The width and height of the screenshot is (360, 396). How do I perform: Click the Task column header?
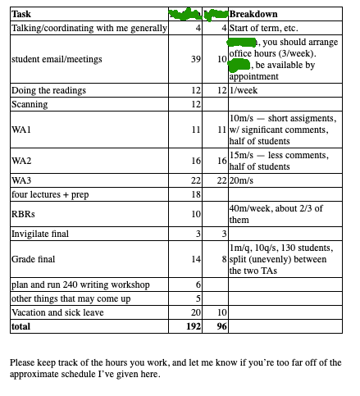[x=22, y=15]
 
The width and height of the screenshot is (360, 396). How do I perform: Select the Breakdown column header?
[x=254, y=15]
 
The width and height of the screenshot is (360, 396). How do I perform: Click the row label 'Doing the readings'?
[x=49, y=89]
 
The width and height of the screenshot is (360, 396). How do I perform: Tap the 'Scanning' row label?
[x=30, y=104]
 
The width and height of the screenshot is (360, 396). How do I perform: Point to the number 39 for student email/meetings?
[x=195, y=59]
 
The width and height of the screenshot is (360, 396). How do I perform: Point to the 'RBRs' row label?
[x=25, y=214]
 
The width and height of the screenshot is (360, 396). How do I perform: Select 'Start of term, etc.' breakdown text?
[x=267, y=29]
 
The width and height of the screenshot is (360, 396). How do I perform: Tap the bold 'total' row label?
[x=21, y=326]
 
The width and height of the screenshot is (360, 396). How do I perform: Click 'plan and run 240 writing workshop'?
[x=80, y=284]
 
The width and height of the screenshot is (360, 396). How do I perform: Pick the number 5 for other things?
[x=198, y=298]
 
